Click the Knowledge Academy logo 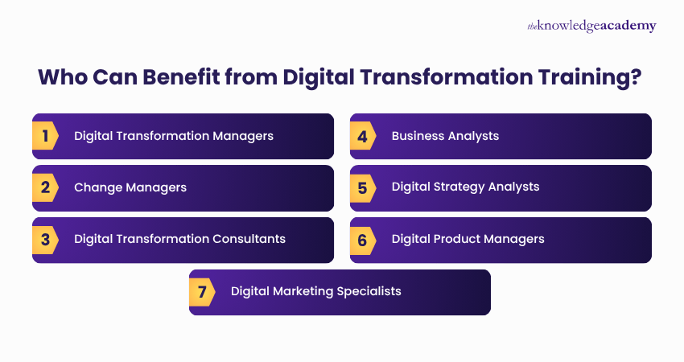(x=591, y=27)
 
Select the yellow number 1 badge (x=45, y=136)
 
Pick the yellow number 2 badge (x=45, y=187)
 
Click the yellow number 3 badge (x=45, y=239)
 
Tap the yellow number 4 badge (x=363, y=136)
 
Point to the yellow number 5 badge (x=363, y=187)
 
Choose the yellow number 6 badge (x=363, y=239)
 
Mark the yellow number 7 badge (x=202, y=291)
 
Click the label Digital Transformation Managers (x=174, y=136)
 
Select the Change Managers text (x=130, y=187)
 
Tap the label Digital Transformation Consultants (x=179, y=239)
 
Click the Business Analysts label (x=445, y=136)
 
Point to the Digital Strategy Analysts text (x=465, y=187)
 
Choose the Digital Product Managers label (x=468, y=239)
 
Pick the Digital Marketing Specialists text (x=315, y=291)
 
